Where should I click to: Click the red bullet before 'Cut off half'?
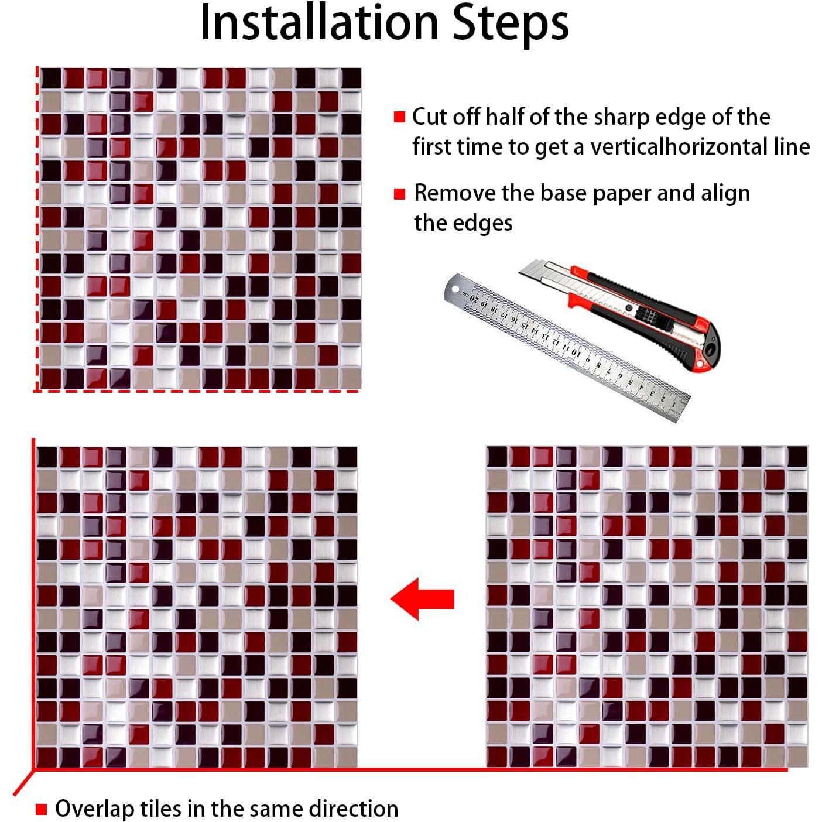pos(400,117)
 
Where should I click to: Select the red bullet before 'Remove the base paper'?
pos(400,194)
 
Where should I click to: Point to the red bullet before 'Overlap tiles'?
pos(41,810)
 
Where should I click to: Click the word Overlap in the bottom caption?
pos(94,809)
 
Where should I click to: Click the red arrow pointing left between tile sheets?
pos(422,599)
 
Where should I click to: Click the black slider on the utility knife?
pos(650,317)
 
